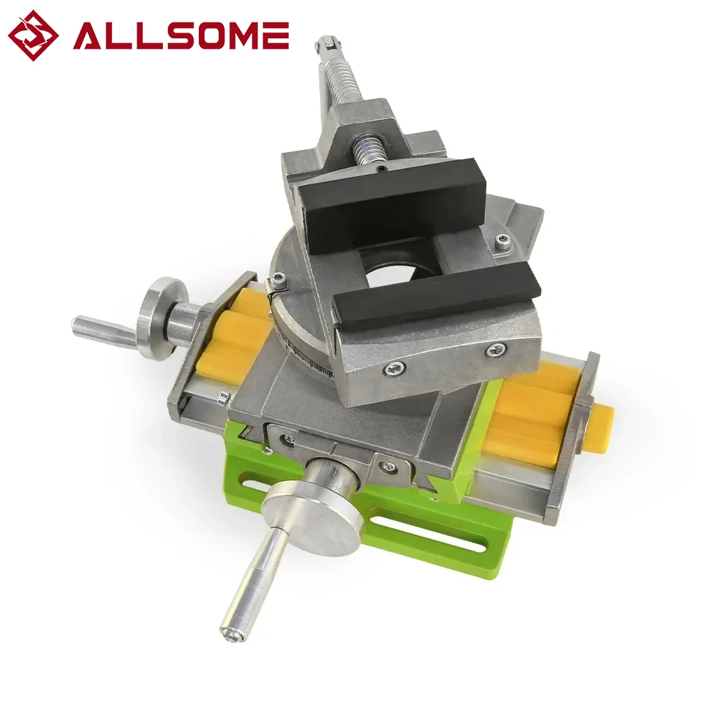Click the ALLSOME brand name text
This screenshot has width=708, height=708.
pyautogui.click(x=181, y=35)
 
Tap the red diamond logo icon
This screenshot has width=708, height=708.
pyautogui.click(x=33, y=35)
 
